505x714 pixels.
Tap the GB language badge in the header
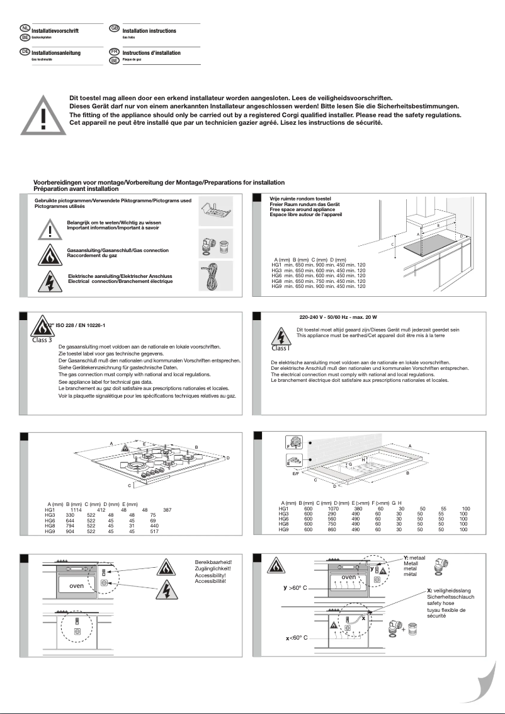coord(114,28)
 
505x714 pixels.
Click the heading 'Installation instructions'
coord(149,31)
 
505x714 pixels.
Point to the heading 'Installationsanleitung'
coord(56,53)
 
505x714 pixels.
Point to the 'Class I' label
coord(281,347)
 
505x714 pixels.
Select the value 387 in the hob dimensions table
coord(167,509)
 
